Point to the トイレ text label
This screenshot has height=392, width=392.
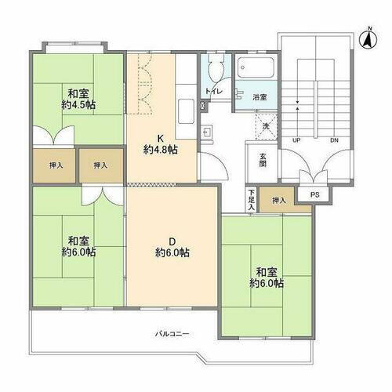(x=213, y=92)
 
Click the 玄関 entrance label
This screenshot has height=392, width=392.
(x=263, y=159)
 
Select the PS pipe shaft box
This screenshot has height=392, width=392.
(x=314, y=195)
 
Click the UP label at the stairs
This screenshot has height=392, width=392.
(x=297, y=140)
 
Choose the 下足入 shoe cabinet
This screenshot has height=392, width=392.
(x=251, y=197)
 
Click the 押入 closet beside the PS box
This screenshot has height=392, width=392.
(x=280, y=201)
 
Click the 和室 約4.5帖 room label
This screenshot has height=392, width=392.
(x=78, y=97)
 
